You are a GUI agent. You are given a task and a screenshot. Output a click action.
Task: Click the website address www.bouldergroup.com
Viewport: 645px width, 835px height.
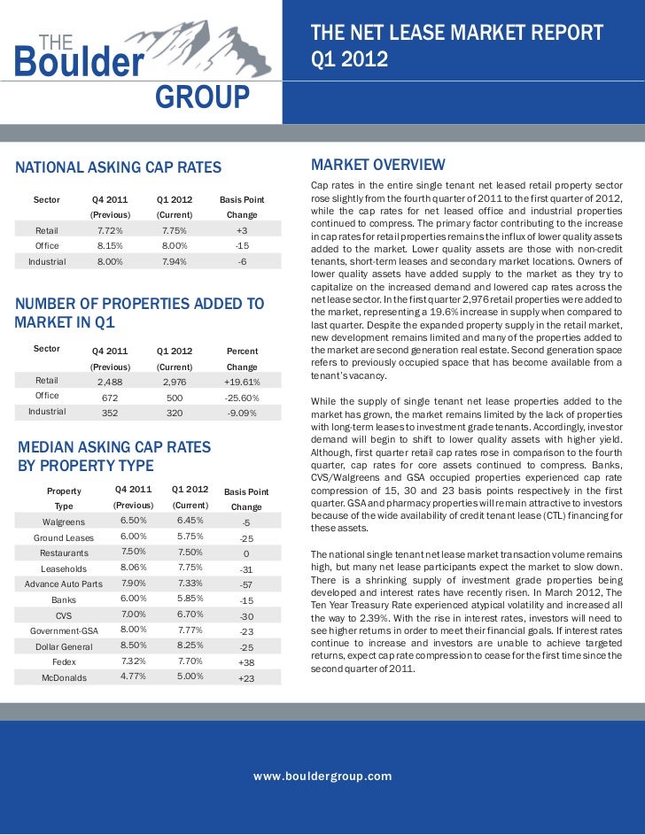(x=322, y=776)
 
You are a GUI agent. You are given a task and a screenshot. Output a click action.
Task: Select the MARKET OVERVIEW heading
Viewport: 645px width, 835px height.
(x=377, y=166)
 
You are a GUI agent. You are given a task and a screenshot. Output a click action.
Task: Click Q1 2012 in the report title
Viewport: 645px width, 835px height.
(x=349, y=62)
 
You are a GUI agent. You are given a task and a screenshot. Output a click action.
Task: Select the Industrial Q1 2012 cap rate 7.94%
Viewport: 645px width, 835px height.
(x=175, y=261)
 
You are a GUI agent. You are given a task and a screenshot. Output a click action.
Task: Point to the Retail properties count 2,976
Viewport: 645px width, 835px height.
(x=175, y=382)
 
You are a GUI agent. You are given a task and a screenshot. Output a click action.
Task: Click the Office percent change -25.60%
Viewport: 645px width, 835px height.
(x=242, y=398)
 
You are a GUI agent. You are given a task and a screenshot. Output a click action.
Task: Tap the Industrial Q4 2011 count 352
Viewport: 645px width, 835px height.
(x=110, y=413)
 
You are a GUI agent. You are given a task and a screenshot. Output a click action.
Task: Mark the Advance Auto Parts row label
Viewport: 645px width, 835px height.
(x=64, y=584)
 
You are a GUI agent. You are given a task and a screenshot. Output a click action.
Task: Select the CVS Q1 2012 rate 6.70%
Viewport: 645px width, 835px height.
(x=189, y=615)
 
